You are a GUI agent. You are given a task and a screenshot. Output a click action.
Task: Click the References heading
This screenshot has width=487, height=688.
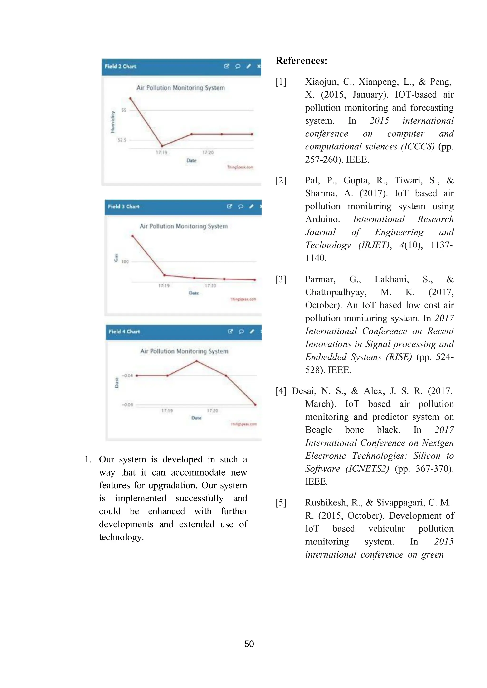[301, 61]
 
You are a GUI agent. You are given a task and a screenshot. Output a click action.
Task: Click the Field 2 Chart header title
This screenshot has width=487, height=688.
[120, 67]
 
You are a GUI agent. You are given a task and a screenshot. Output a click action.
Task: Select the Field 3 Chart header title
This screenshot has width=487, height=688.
[124, 207]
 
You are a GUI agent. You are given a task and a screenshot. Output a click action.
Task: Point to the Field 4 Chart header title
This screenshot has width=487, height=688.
[124, 332]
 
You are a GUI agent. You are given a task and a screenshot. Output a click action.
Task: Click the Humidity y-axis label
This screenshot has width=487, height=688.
[113, 122]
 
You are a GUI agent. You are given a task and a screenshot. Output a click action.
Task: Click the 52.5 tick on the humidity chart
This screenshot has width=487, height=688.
[122, 140]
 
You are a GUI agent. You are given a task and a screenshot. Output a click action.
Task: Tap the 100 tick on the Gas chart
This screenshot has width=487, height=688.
[125, 262]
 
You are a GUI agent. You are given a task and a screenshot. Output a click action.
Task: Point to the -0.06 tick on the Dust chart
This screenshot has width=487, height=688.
[127, 405]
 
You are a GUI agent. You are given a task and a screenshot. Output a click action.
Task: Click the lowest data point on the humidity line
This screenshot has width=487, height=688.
[162, 146]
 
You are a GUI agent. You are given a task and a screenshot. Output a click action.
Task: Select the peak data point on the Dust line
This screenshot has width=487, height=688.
[197, 361]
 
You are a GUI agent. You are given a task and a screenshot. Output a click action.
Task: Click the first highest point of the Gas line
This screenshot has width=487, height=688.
[132, 236]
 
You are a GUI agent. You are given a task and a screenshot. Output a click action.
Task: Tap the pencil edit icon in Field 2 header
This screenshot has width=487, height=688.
[248, 67]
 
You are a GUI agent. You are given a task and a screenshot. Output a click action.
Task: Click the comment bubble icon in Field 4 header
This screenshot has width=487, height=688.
[241, 332]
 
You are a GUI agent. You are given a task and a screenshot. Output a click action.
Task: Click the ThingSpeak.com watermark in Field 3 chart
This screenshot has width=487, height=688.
[243, 299]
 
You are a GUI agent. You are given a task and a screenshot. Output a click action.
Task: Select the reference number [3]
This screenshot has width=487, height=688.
[281, 279]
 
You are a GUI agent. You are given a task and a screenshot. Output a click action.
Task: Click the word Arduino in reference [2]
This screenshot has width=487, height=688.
[322, 219]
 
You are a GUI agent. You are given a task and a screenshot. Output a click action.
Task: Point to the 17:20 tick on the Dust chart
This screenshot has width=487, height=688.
[212, 410]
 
